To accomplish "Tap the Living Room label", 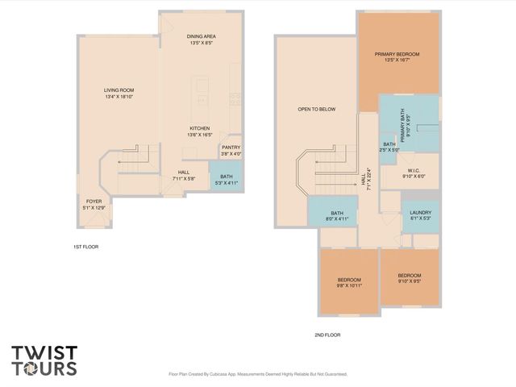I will (118, 93).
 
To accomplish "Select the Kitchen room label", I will (200, 131).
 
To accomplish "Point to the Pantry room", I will (231, 150).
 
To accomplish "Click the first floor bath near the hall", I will (226, 178).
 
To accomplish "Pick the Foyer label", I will (94, 205).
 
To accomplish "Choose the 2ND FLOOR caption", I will (327, 334).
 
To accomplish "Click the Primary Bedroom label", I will (397, 56).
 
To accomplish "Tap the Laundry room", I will (421, 214).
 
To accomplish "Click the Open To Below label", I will (316, 109).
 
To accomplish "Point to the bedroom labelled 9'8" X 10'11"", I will (349, 282).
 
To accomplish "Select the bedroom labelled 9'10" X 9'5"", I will (409, 279).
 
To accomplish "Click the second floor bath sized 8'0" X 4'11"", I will (336, 215).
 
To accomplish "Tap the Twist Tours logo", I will (44, 360).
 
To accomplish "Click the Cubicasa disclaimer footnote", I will (257, 374).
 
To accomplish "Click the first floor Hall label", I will (185, 175).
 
